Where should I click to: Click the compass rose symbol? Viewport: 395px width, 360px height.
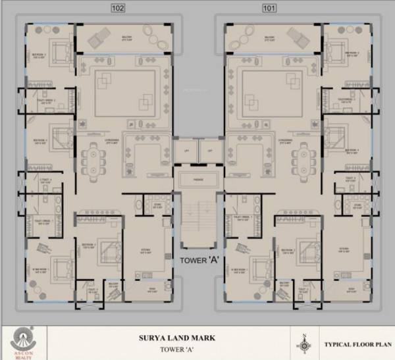(x=304, y=343)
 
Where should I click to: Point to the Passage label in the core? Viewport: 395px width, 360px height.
(x=197, y=179)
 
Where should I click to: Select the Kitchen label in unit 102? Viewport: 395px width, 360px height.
(x=145, y=251)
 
